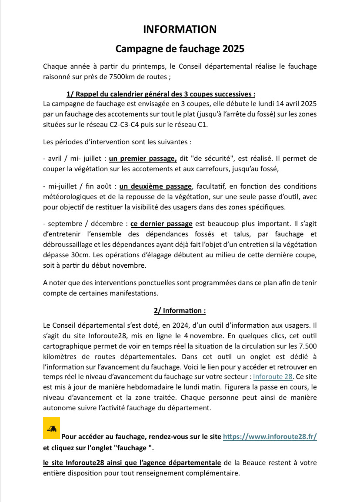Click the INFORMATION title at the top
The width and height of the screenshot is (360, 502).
coord(180,30)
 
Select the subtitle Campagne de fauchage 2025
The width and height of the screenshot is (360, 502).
coord(180,49)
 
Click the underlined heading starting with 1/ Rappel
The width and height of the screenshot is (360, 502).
coord(161,94)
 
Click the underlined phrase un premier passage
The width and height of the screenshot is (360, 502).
coord(143,159)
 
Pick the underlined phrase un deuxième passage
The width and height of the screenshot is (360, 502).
coord(156,186)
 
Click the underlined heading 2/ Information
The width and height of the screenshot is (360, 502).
coord(180,311)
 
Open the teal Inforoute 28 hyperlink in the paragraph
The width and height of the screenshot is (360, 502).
coord(273,376)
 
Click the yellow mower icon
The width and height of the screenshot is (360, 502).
coord(51,429)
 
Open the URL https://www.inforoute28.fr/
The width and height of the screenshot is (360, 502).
coord(270,437)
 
